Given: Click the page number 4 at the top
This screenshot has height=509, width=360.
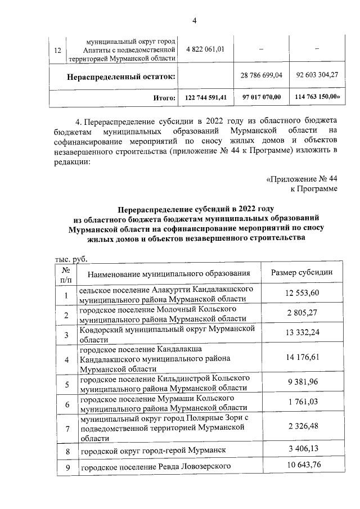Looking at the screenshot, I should (x=194, y=21).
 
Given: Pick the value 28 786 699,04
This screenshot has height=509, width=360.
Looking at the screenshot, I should (x=261, y=75).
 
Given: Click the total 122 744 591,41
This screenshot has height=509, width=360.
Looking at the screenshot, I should (x=205, y=97).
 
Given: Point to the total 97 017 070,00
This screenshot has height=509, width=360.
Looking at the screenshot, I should (x=261, y=97).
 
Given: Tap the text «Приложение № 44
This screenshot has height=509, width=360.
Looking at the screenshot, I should (x=301, y=179).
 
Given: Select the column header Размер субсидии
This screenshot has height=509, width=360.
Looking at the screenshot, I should (x=301, y=273).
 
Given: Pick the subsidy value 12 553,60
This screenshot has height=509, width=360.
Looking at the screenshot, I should (x=301, y=294).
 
